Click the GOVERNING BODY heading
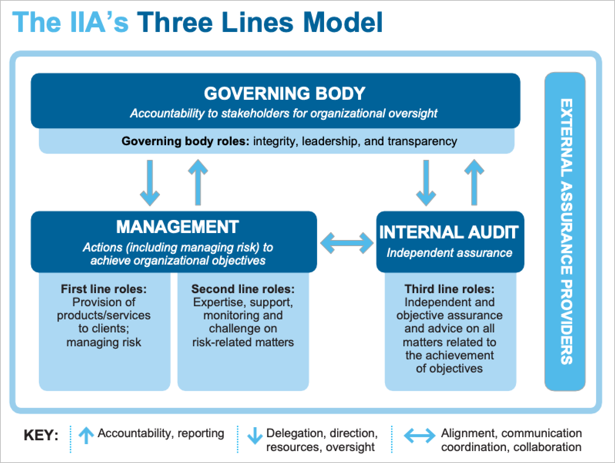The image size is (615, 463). point(284,94)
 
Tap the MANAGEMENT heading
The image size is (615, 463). point(177,227)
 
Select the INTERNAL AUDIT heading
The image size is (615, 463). point(449,232)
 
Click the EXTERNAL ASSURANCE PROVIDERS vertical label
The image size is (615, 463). point(566,231)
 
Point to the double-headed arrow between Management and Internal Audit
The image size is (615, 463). point(347,243)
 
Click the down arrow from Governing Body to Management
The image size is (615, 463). point(150,183)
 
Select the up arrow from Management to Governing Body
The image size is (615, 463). point(198,183)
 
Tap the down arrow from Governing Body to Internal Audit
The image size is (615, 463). point(426,183)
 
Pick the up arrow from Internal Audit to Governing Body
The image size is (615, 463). point(474,183)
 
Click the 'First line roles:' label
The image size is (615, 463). point(104,289)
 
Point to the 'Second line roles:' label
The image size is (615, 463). point(243,289)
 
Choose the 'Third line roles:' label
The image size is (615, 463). point(449,289)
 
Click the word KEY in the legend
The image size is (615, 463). point(40,435)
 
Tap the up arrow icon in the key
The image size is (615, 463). point(86,436)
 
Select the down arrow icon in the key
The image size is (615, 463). point(255,436)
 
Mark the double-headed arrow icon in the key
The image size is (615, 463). point(419,436)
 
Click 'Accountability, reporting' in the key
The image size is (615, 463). point(161,433)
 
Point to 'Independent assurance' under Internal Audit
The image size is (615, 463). point(449,253)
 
